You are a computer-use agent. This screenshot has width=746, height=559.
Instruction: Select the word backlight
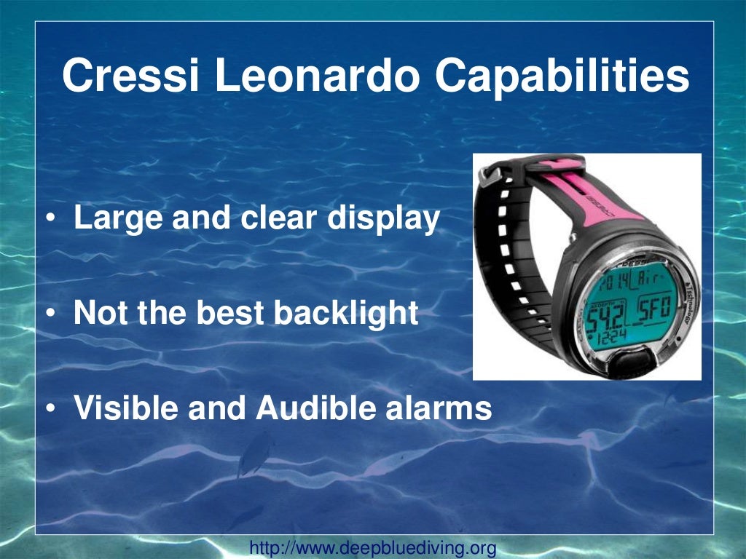click(x=346, y=314)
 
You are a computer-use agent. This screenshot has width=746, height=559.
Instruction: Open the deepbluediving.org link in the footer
click(x=373, y=547)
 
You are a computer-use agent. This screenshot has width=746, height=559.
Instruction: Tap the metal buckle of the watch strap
click(x=490, y=176)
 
